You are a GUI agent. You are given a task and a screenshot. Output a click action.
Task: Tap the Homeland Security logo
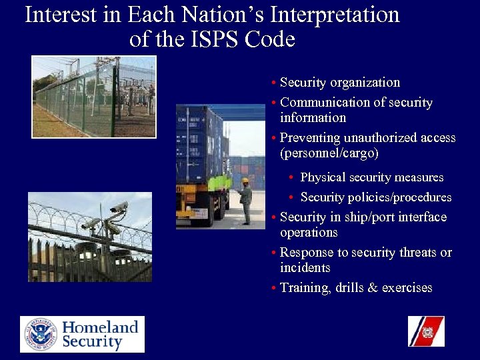tap(82, 334)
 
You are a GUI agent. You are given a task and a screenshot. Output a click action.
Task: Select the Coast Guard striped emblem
tap(426, 331)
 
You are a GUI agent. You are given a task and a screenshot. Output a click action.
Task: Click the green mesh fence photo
tap(94, 97)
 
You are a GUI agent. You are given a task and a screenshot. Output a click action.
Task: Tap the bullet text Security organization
tap(339, 83)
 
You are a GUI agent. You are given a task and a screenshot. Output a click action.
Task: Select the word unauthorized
tap(382, 138)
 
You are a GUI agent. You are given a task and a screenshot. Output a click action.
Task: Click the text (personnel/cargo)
tap(329, 153)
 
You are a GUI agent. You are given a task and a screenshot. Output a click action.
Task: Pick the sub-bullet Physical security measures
tap(371, 177)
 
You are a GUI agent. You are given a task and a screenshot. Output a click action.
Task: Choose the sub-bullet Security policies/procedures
tap(375, 197)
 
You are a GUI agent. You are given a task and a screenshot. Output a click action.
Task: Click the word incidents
tap(305, 268)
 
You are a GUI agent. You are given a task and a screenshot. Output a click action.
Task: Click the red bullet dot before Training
tap(275, 289)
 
